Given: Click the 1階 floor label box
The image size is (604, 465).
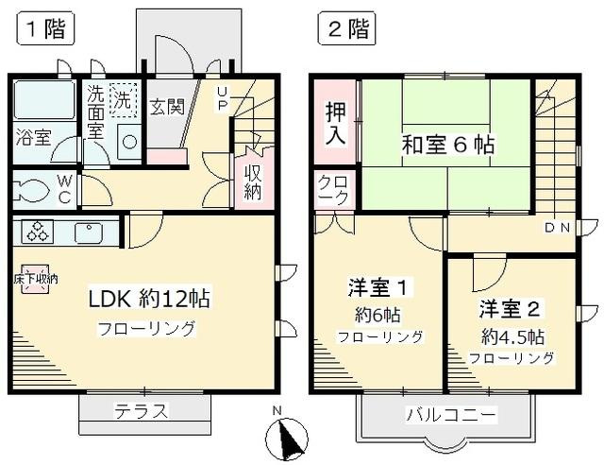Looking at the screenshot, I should click(x=42, y=30).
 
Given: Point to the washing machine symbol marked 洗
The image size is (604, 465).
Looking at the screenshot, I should click(x=124, y=97).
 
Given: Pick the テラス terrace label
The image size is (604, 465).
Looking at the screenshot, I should click(x=142, y=411).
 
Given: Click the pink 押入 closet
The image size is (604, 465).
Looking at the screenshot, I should click(x=335, y=122).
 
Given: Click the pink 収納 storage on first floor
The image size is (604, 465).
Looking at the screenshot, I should click(x=254, y=179).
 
